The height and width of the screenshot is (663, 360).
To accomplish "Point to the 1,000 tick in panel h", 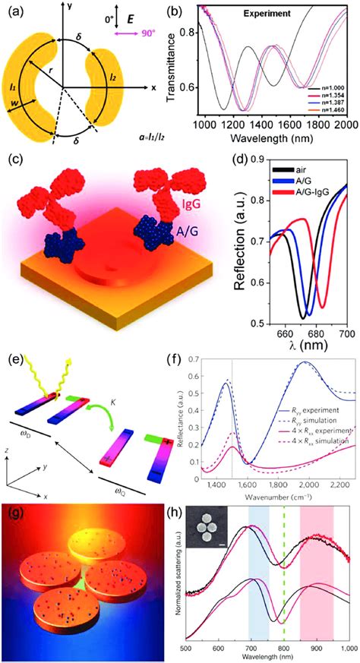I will point(346,650).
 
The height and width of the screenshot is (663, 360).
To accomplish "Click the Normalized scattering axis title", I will point(172,580).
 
